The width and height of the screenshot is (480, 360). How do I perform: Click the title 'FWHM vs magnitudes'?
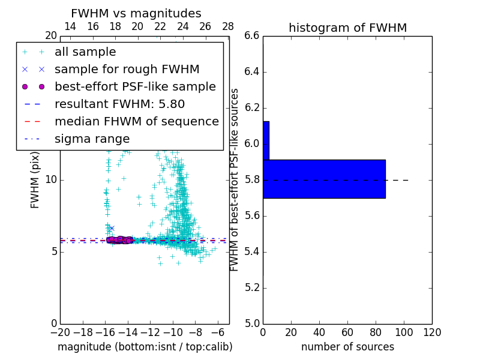pos(136,13)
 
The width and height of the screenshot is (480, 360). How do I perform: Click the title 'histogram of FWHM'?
pos(347,28)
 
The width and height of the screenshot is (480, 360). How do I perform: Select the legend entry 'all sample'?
pos(85,52)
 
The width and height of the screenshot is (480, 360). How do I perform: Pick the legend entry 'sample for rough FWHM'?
pos(127,69)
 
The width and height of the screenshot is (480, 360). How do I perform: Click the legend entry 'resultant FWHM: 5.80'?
pos(125,104)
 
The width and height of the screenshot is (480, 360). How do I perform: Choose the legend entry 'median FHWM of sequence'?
pos(136,121)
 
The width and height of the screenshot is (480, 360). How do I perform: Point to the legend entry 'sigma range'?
pos(92,139)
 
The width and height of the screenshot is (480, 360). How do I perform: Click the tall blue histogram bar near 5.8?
pos(324,179)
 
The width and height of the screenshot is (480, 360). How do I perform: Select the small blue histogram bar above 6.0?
pos(266,140)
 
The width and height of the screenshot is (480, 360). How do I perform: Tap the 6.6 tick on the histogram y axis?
pos(251,36)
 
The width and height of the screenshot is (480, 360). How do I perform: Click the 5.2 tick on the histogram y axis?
pos(251,287)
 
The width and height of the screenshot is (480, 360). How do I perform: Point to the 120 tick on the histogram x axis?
pos(432,332)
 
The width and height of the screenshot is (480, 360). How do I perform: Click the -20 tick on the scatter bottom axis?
pos(60,332)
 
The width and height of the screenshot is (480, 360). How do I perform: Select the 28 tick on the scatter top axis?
pos(228,26)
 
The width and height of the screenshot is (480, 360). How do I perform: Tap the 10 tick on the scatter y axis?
pos(51,179)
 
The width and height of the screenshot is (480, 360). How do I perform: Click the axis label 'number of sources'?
pos(347,347)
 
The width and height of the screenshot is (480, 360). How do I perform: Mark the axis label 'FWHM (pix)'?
pos(35,180)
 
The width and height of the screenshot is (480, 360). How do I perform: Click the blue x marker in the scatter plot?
pos(111,228)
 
